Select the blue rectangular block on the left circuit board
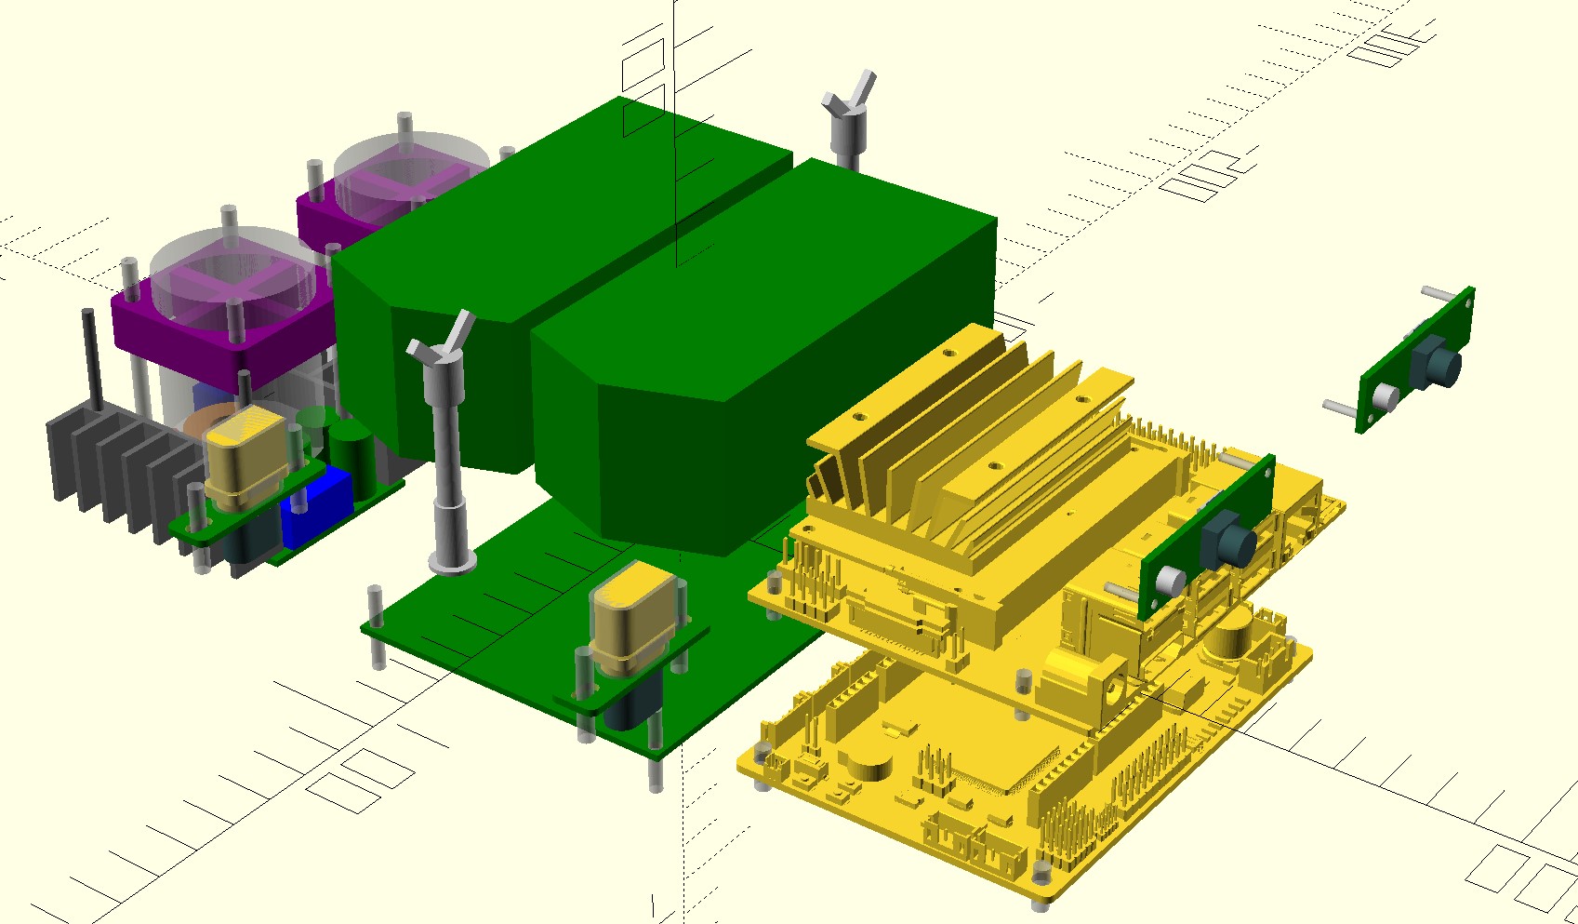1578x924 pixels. (317, 508)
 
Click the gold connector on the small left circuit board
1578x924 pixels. (244, 456)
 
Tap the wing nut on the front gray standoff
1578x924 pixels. (444, 340)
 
